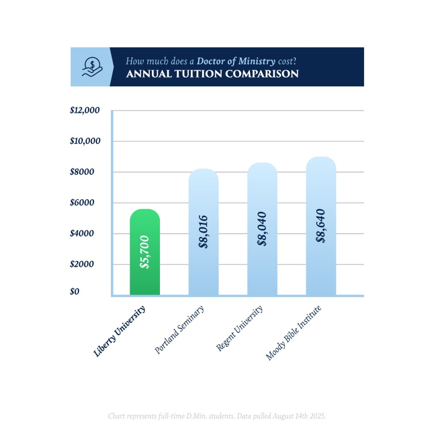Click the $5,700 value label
[x=145, y=252]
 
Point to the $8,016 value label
[x=203, y=232]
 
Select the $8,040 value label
[x=262, y=229]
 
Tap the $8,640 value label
[x=321, y=226]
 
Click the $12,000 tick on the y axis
[x=85, y=110]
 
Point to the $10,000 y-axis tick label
[x=85, y=141]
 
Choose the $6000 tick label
[x=82, y=203]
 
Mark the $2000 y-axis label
[x=82, y=264]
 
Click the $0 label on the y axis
[x=75, y=291]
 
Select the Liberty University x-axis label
[x=120, y=331]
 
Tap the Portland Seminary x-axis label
[x=179, y=330]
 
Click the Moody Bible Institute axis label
[x=294, y=333]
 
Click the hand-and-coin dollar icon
[x=92, y=67]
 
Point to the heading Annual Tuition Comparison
[x=212, y=74]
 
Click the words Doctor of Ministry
[x=236, y=61]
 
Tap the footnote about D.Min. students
[x=217, y=416]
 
